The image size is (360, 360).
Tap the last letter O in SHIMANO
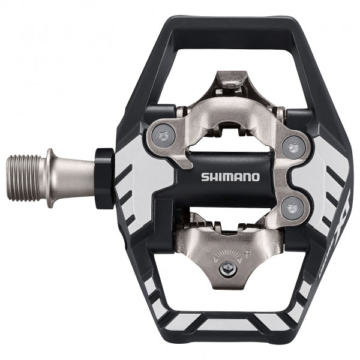(x=257, y=177)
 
